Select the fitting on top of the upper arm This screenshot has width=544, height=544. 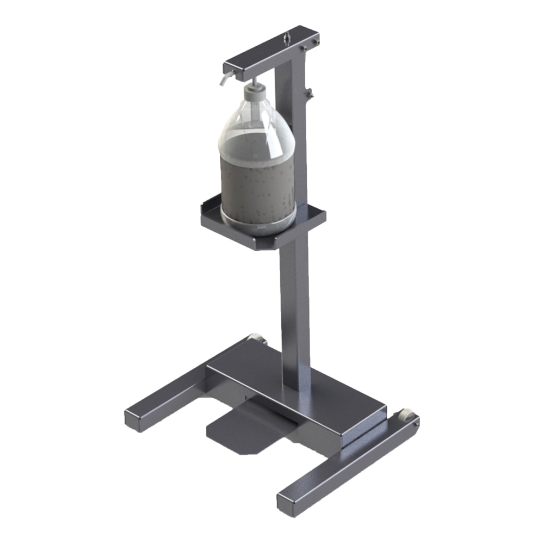[x=286, y=38]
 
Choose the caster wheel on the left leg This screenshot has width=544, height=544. [x=256, y=340]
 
